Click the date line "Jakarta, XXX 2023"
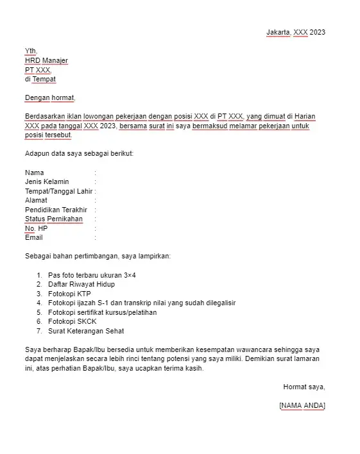tap(296, 33)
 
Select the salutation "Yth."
tap(31, 51)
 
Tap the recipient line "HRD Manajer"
tap(46, 61)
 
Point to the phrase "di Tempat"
tap(40, 80)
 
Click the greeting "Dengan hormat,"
tap(50, 98)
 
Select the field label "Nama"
tap(35, 172)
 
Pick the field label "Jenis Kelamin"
tap(47, 182)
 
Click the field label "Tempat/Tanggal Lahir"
tap(59, 191)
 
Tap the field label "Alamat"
tap(37, 200)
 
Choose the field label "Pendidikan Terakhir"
tap(56, 210)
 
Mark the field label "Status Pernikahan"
tap(54, 219)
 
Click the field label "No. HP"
tap(37, 228)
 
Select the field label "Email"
tap(34, 237)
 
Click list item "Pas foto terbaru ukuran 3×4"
tap(92, 275)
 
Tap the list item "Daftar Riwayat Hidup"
tap(81, 284)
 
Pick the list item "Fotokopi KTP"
tap(69, 294)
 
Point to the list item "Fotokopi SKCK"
tap(71, 321)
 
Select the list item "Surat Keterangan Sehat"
tap(86, 331)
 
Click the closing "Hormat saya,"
tap(304, 387)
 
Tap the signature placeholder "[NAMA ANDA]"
tap(302, 405)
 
